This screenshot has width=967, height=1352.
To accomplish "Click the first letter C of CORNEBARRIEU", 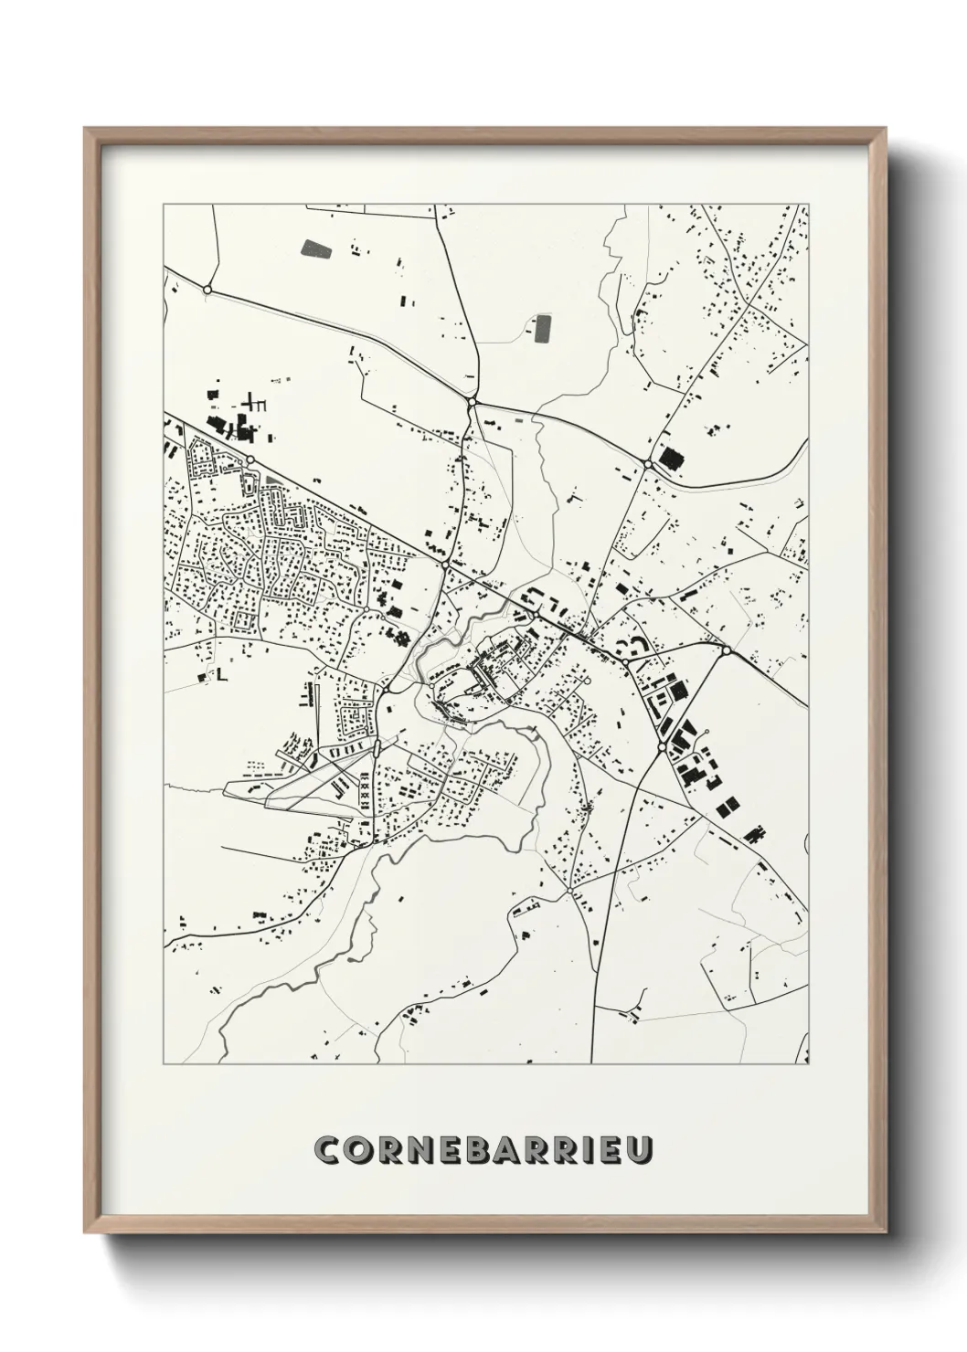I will [326, 1149].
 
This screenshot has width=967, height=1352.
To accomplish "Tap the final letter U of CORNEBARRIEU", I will [640, 1149].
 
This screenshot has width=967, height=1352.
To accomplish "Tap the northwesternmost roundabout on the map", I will [207, 290].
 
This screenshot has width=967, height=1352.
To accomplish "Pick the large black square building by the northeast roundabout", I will [672, 457].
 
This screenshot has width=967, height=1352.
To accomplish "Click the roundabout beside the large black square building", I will [648, 464].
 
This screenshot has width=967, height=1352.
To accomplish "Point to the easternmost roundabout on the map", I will [725, 650].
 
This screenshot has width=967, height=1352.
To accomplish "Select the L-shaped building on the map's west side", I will [220, 674].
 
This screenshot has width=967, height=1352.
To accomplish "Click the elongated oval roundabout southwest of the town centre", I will [376, 749].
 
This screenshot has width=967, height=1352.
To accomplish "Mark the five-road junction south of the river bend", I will [569, 889].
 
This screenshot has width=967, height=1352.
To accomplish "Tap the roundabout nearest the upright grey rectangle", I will [472, 401].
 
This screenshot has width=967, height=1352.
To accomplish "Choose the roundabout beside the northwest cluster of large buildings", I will [249, 459].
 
